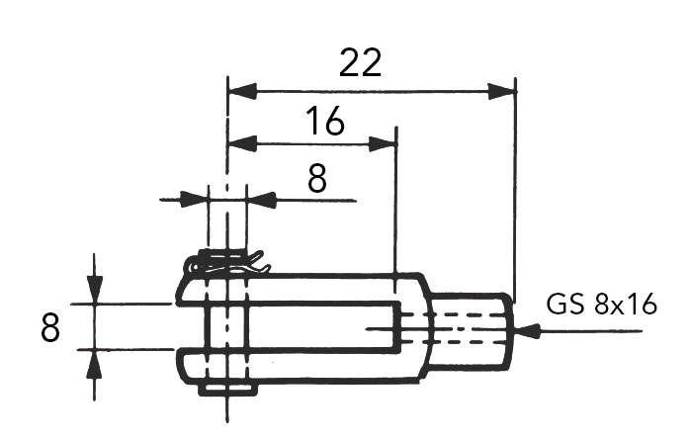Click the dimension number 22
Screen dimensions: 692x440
click(360, 62)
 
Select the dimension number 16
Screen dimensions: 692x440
click(325, 120)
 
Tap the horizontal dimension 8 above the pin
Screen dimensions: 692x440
click(317, 178)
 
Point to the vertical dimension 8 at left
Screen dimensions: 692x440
click(49, 327)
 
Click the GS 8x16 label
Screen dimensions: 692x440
click(601, 305)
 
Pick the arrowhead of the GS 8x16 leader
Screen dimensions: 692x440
click(528, 330)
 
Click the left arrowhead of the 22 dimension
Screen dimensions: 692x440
click(242, 91)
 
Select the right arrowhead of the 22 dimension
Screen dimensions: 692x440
click(501, 91)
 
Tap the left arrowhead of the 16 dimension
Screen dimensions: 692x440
click(242, 143)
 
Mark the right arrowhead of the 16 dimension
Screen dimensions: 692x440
click(383, 143)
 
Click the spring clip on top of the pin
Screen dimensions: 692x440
click(227, 263)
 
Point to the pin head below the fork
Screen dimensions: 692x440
click(227, 390)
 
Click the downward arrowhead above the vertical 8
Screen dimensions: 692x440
click(95, 290)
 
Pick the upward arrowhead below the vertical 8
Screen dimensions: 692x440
click(95, 364)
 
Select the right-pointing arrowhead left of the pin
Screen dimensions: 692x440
click(193, 200)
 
